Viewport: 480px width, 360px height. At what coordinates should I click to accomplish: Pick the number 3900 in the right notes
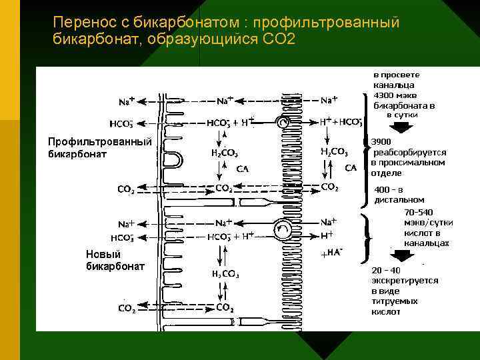point(382,142)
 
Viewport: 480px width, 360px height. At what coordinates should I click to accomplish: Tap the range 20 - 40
point(387,270)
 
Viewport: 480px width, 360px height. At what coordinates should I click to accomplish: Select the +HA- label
point(332,253)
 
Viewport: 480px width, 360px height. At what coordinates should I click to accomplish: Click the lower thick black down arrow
point(403,255)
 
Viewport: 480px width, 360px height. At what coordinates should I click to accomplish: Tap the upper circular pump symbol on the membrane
point(284,123)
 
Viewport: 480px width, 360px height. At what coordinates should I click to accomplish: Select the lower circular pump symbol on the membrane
point(283,229)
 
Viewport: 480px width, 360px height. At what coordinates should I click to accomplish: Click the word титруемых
point(395,301)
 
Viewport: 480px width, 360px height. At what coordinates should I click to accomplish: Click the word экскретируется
point(405,280)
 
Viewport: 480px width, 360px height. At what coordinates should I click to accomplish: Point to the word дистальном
point(399,199)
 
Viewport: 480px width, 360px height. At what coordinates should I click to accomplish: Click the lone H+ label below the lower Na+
point(327,235)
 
